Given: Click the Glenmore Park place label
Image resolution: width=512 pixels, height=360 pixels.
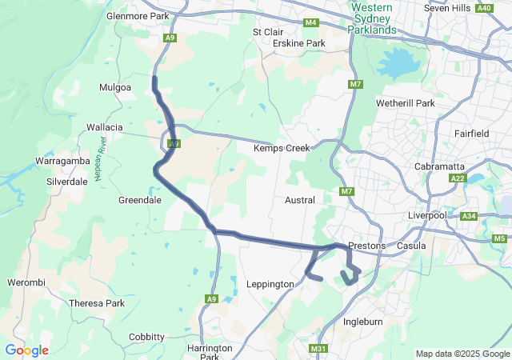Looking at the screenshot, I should [x=138, y=15].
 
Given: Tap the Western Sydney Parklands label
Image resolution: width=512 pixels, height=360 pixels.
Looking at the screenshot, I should [x=371, y=19].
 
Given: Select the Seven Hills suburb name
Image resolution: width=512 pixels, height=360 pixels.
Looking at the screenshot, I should [x=449, y=8].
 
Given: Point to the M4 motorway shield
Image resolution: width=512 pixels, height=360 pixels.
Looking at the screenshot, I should [x=310, y=22].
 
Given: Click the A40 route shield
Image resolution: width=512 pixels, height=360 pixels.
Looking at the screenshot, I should [x=484, y=8].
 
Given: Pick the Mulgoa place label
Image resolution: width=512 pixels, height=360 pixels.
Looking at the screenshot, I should [x=114, y=86].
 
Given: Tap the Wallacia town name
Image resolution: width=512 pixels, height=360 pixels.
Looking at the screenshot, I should [x=105, y=127].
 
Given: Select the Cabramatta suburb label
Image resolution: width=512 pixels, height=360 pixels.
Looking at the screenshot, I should [x=439, y=166].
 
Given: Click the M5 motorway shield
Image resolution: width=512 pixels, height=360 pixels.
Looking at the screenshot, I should [x=500, y=238].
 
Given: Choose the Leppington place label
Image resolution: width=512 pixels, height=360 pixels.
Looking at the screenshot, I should [x=270, y=284].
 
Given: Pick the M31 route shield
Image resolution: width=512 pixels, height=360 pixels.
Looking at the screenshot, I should [x=318, y=349].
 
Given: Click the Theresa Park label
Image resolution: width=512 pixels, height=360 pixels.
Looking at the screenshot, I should [x=97, y=303].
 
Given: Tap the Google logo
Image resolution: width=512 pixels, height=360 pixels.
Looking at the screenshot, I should [x=26, y=350].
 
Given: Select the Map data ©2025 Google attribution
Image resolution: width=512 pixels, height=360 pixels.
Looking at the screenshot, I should [x=462, y=354].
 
